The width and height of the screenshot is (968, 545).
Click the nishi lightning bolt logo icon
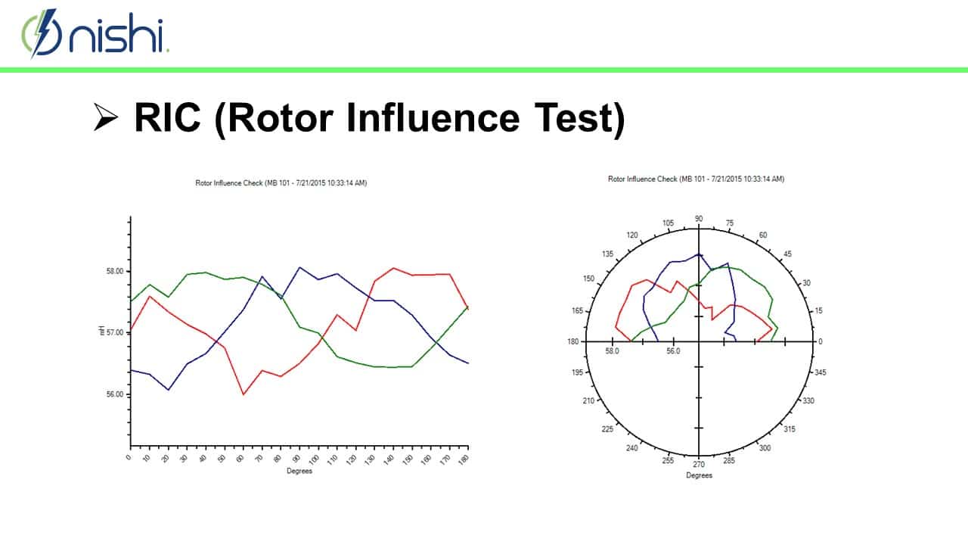42,33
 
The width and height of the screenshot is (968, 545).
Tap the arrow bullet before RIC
106,117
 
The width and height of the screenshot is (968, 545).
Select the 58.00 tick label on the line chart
115,271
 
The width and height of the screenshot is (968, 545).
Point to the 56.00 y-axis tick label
115,394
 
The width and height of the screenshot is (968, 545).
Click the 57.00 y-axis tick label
115,332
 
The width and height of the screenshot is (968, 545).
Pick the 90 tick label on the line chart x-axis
297,458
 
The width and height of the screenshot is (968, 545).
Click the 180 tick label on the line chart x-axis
464,459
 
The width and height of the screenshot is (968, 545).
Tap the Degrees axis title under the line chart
299,471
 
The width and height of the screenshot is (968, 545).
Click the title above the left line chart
281,183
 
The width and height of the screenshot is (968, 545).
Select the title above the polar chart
696,179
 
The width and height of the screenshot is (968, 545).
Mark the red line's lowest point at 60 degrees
244,394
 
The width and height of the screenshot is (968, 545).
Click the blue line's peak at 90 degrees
299,267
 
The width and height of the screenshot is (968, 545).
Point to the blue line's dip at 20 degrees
168,390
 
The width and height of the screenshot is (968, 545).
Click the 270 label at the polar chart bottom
699,465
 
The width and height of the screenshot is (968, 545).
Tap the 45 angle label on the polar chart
787,254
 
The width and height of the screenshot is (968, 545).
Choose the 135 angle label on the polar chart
607,254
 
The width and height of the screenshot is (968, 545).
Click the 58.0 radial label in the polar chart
612,350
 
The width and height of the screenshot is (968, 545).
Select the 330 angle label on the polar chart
808,400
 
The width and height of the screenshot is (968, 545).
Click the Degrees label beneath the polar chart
699,475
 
